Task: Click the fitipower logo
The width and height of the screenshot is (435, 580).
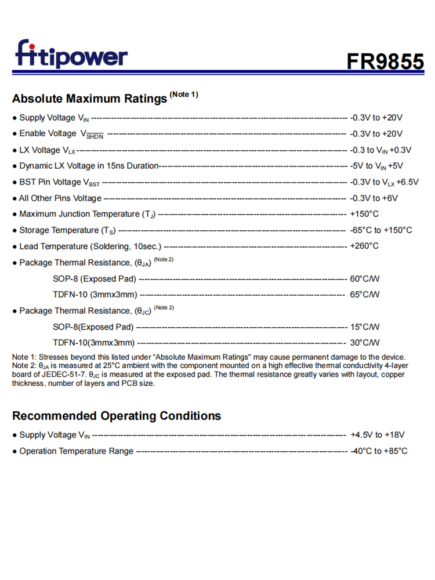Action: pyautogui.click(x=71, y=55)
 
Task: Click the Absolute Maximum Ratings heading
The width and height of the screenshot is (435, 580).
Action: pyautogui.click(x=89, y=99)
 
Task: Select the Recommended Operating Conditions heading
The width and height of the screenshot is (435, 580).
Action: pyautogui.click(x=117, y=416)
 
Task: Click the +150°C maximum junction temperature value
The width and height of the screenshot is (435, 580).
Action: pyautogui.click(x=364, y=214)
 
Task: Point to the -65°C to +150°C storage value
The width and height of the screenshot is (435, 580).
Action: pyautogui.click(x=381, y=230)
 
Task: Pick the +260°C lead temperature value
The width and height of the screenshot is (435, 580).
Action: pyautogui.click(x=364, y=246)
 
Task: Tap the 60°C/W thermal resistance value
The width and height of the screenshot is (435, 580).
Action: pyautogui.click(x=365, y=278)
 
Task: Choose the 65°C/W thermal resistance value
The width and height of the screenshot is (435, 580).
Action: pyautogui.click(x=365, y=295)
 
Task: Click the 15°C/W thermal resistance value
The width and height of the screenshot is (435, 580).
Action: pyautogui.click(x=365, y=327)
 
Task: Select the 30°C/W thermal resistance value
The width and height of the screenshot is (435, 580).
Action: pyautogui.click(x=365, y=343)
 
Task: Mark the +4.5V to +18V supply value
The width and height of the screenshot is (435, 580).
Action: pyautogui.click(x=378, y=434)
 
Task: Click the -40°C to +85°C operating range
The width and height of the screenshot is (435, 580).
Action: pyautogui.click(x=379, y=451)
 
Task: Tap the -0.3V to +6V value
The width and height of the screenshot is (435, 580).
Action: pyautogui.click(x=374, y=198)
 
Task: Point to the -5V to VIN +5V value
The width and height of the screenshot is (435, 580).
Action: pyautogui.click(x=376, y=166)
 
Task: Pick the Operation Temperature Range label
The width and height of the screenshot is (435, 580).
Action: pyautogui.click(x=76, y=451)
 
